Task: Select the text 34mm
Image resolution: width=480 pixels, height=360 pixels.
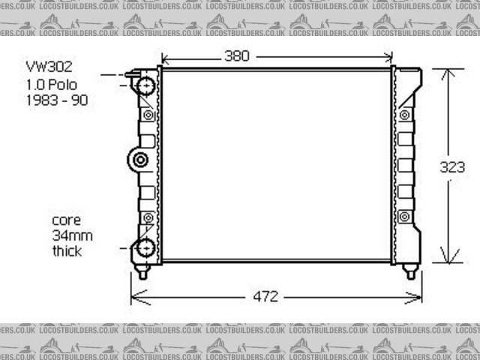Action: click(x=67, y=235)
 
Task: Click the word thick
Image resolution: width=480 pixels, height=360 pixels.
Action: click(x=67, y=251)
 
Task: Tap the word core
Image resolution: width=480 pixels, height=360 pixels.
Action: click(x=65, y=220)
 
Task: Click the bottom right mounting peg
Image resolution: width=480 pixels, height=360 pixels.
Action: click(x=410, y=271)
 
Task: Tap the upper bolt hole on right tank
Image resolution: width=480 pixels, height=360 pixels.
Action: click(x=405, y=115)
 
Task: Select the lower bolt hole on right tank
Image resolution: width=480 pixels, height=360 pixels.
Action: click(x=405, y=217)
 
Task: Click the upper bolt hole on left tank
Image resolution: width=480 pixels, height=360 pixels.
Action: click(x=148, y=115)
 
